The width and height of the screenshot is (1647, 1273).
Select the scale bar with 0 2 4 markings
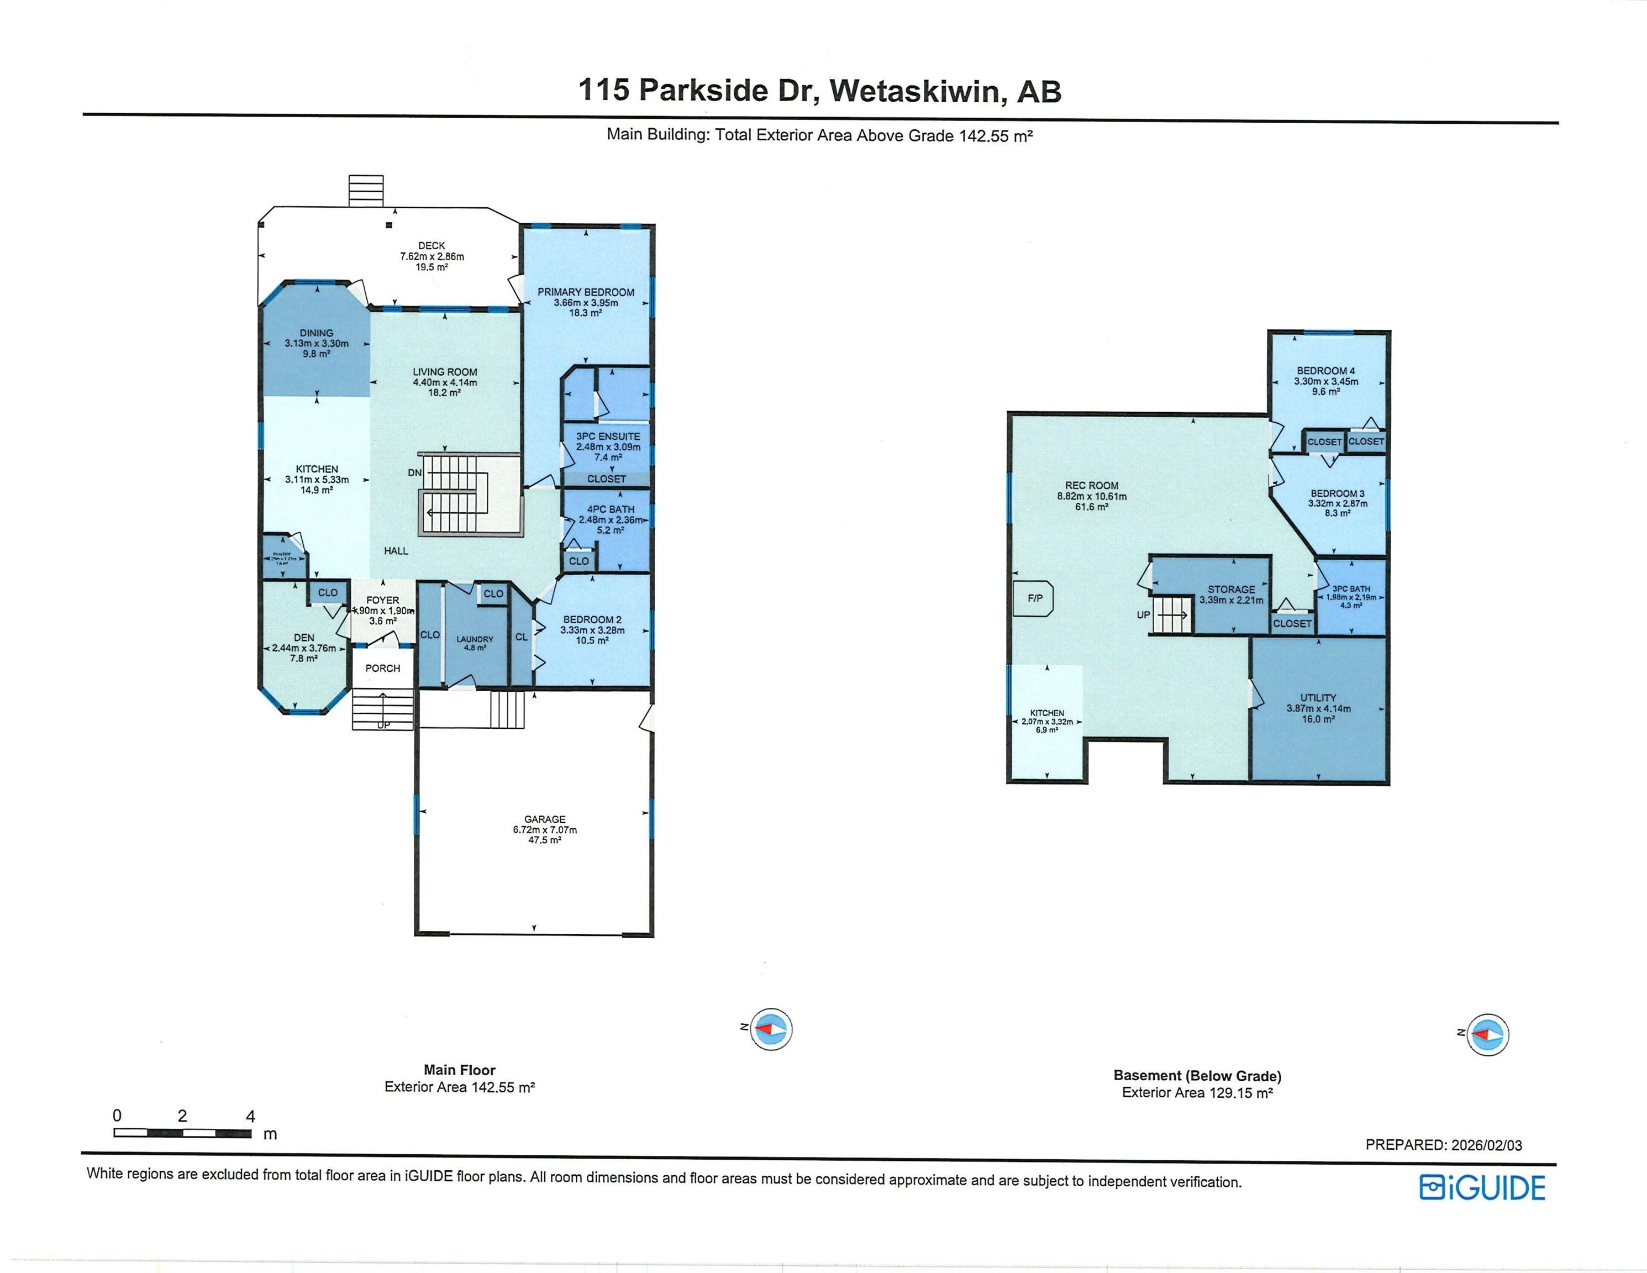tap(182, 1133)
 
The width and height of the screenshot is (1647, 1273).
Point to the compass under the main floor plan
tap(771, 1029)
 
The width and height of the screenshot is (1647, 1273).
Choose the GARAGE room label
tap(544, 819)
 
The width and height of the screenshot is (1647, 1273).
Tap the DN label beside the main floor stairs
tap(415, 473)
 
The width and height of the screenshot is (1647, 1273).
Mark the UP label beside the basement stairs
tap(1143, 614)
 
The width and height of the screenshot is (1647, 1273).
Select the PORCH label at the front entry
tap(382, 668)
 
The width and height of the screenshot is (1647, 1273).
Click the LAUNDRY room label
tap(475, 639)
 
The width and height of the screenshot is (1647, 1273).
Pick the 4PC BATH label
tap(611, 509)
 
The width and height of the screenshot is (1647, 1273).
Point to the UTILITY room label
tap(1318, 698)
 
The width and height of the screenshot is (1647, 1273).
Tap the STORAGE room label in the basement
tap(1232, 589)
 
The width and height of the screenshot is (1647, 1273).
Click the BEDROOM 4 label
tap(1326, 370)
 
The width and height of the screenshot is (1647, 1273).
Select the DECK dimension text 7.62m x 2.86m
tap(432, 256)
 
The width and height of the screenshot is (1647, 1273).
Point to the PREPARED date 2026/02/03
tap(1484, 1145)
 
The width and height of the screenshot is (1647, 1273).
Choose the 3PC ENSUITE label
tap(608, 436)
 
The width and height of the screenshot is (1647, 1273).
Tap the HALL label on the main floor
tap(396, 550)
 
